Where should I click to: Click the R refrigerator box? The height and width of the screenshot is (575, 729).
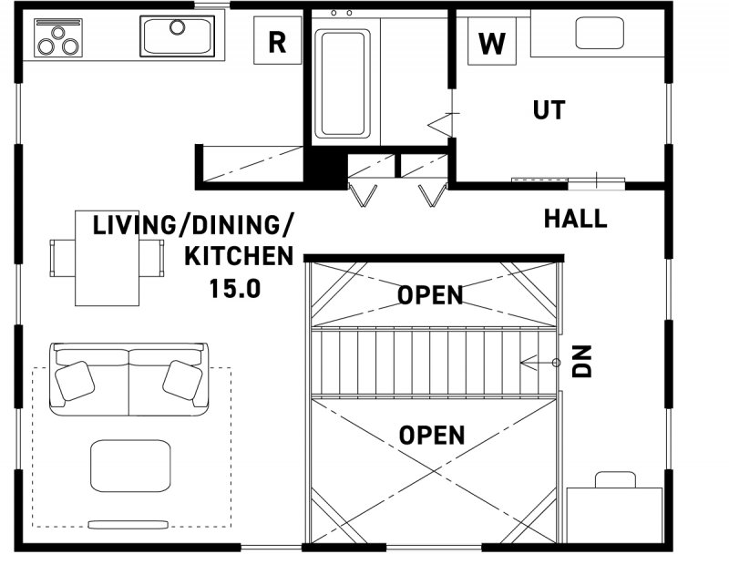278,40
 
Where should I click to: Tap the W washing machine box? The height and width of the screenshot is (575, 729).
492,41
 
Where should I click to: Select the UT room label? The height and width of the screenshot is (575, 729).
549,110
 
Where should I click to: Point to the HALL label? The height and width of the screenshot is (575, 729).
576,219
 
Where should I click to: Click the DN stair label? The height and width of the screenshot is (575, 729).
581,361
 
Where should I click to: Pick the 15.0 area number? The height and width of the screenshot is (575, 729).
235,289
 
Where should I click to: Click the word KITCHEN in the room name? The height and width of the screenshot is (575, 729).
239,256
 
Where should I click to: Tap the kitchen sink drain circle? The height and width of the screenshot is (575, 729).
177,27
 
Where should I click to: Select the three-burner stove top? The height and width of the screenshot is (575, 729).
58,37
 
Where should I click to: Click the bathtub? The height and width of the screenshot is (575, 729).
343,84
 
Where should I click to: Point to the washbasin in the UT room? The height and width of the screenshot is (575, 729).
600,33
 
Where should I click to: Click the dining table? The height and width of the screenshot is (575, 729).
107,258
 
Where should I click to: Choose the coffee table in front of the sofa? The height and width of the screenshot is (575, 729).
130,466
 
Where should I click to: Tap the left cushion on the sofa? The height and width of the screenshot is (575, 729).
75,381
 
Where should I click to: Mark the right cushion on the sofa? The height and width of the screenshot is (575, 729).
182,380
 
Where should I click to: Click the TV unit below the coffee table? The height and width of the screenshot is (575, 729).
128,524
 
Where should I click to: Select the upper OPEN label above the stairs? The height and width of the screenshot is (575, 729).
430,295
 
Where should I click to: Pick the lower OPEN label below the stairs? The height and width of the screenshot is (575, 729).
432,435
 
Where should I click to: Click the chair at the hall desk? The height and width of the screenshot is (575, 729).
616,479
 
